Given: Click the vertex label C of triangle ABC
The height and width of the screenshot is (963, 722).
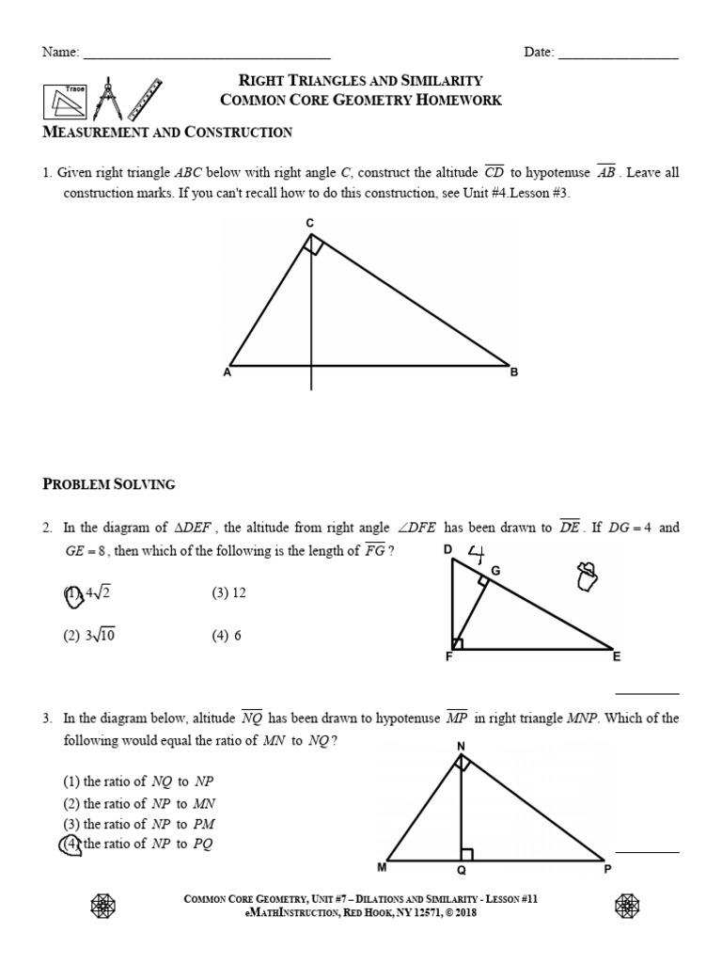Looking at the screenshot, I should coord(309,223).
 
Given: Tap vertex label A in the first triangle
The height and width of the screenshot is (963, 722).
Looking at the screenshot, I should coord(227,372).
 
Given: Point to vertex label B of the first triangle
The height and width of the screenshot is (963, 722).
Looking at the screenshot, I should coord(514,372).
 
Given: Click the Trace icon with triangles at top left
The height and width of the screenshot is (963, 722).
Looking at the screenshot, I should coord(64,100).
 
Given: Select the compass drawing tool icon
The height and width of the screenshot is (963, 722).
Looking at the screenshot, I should coord(108,97).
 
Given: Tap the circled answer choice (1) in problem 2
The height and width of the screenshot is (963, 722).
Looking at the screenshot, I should coord(71,593).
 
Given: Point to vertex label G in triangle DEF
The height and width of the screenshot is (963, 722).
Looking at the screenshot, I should coord(495,571).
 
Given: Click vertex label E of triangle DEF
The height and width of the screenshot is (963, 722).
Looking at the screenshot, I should coord(617,656).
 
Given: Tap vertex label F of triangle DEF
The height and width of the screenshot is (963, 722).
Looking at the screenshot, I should coord(449,657).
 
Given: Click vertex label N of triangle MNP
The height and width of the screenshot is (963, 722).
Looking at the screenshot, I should coord(461,746).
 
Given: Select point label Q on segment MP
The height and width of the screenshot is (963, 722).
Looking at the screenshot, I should coord(462,871).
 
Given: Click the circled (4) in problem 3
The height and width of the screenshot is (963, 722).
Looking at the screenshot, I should coord(71,844).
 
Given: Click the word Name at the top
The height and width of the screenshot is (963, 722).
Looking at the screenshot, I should coord(59,53).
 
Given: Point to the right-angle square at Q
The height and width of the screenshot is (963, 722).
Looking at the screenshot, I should coord(467,854).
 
